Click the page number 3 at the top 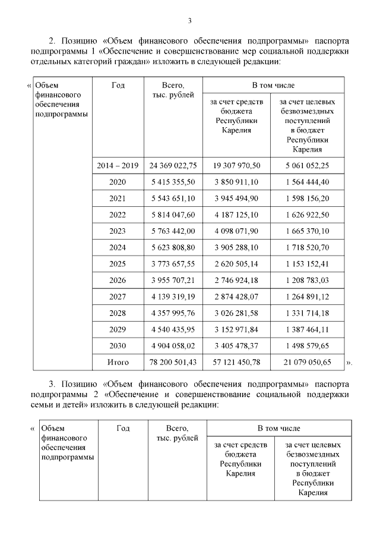[x=189, y=21]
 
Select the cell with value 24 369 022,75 [x=173, y=165]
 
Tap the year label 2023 [x=118, y=231]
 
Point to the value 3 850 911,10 [x=236, y=182]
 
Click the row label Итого [x=118, y=361]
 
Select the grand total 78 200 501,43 [x=173, y=361]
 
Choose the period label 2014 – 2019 [x=118, y=165]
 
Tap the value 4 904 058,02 [x=173, y=345]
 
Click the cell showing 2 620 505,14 [x=236, y=263]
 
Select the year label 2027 [x=118, y=296]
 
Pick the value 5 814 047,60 [x=173, y=215]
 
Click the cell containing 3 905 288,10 [x=236, y=247]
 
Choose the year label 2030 [x=118, y=345]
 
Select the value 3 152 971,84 [x=236, y=329]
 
